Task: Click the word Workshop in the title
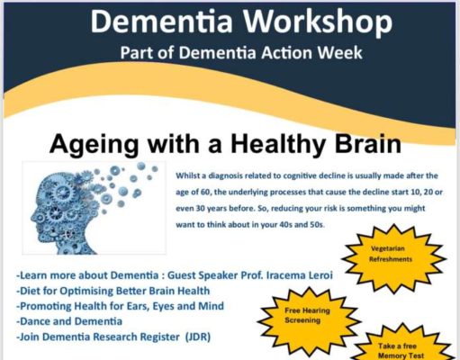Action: coord(317,22)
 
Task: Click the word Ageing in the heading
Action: coord(95,145)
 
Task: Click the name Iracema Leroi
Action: coord(300,275)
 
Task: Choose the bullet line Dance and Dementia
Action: coord(69,321)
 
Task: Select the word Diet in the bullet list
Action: coord(31,291)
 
